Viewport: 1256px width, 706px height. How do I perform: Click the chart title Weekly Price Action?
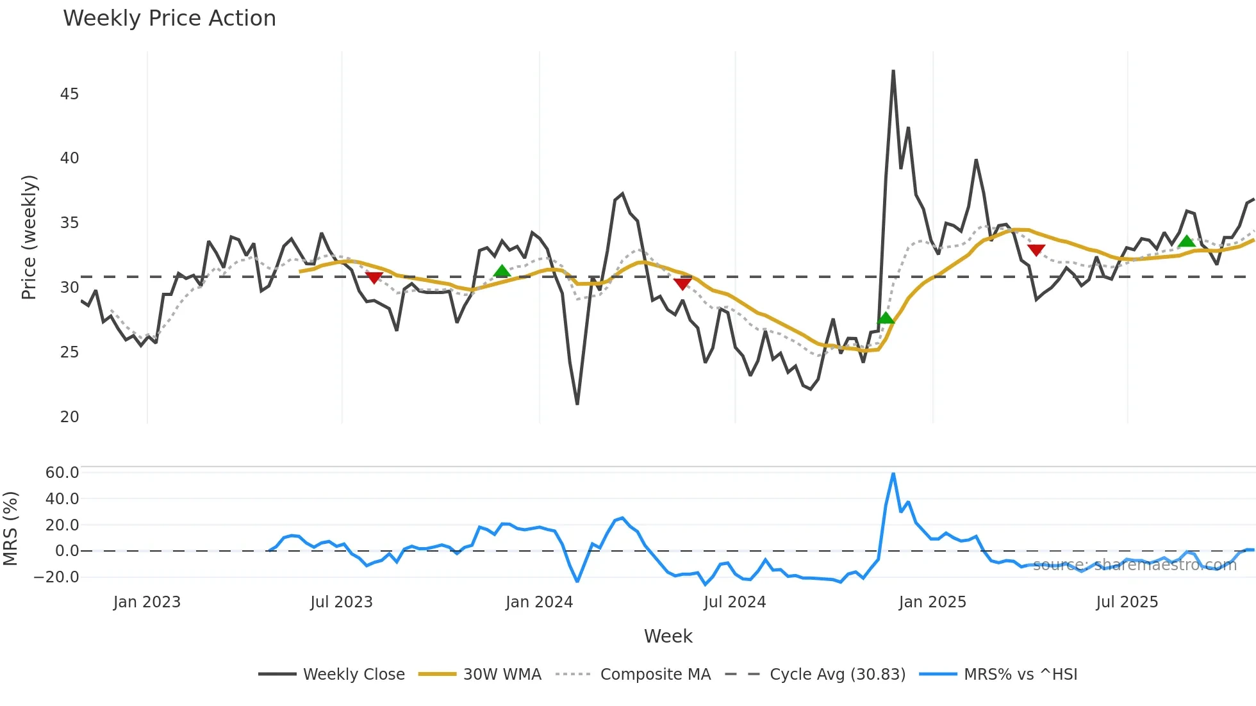[169, 19]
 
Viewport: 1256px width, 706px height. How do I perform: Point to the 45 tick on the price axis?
[69, 94]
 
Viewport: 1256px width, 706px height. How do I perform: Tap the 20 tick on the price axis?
[69, 417]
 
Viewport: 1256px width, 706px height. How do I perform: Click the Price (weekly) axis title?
[29, 237]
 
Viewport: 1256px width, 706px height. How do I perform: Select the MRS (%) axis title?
[10, 529]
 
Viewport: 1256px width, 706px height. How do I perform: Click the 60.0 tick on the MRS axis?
[62, 473]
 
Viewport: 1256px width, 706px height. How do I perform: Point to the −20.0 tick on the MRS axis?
[57, 577]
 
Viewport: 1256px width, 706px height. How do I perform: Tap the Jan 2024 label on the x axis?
[539, 602]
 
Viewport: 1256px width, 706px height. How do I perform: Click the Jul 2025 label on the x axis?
[1127, 602]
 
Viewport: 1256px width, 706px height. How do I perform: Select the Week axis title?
[668, 636]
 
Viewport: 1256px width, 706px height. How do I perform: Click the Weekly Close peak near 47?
[893, 71]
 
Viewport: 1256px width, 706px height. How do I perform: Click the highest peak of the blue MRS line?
[893, 474]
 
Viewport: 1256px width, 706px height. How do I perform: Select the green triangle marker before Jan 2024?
[502, 271]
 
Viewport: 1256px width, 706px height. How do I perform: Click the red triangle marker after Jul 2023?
[374, 277]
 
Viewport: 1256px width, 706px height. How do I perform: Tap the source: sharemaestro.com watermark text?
[1134, 565]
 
